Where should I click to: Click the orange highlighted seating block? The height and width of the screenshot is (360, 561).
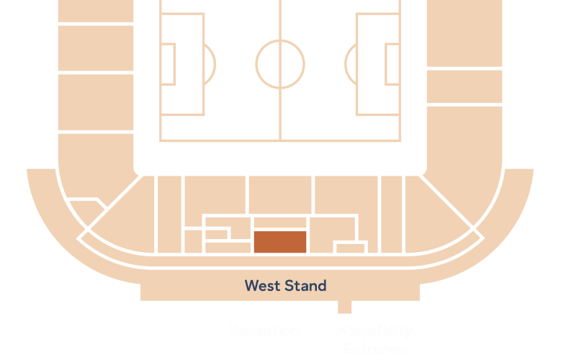pos(280,241)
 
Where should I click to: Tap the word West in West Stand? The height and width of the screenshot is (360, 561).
pos(263,286)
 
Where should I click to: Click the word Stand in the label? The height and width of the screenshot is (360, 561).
pos(305,286)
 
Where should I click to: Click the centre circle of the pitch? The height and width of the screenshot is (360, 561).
pos(280,64)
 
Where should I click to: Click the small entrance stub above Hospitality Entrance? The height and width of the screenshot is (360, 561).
pos(345,307)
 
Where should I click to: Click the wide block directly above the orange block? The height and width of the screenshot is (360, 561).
pos(280,222)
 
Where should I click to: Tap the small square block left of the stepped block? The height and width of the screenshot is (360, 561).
pos(193,240)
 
